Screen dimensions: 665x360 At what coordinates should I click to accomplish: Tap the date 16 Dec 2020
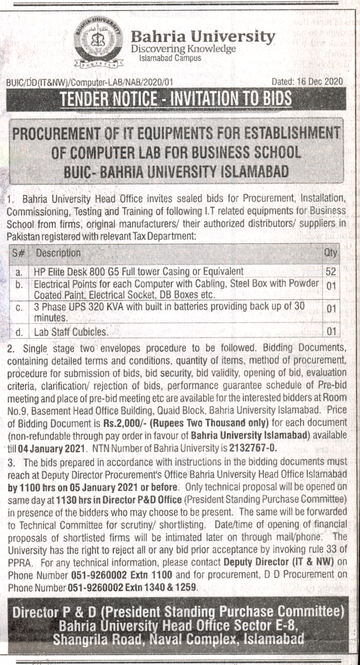(319, 81)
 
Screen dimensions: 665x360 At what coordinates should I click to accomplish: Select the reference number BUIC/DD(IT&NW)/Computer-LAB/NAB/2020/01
(89, 82)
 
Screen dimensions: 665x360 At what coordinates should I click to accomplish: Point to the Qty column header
(331, 253)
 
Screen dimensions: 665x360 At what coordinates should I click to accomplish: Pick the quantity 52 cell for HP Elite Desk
(331, 272)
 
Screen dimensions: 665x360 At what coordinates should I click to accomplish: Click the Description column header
(58, 253)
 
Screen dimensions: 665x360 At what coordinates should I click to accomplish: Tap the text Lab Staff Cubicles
(71, 332)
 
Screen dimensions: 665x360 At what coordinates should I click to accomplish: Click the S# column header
(18, 253)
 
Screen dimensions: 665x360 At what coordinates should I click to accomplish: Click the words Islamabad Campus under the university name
(170, 58)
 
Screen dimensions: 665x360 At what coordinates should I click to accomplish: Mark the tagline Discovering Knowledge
(183, 49)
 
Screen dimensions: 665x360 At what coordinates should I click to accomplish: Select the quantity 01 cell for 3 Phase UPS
(331, 309)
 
